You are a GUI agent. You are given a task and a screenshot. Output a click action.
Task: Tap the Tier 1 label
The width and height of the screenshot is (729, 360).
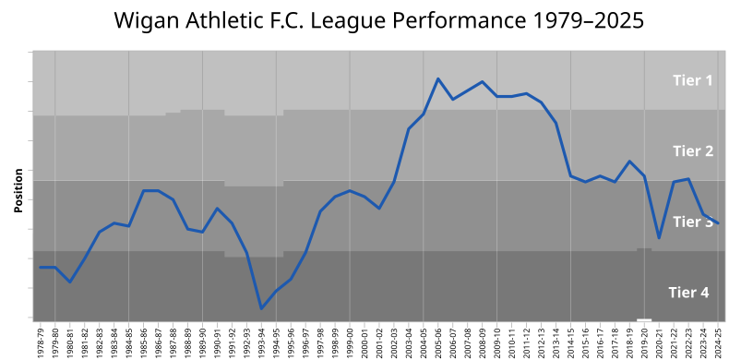(x=691, y=80)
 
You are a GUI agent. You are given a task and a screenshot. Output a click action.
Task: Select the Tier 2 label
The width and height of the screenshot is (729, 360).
(x=692, y=150)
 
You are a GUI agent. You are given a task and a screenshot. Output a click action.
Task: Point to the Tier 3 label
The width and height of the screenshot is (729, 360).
(x=692, y=222)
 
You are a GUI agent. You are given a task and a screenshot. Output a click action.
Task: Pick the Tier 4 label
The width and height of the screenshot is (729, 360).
(x=688, y=293)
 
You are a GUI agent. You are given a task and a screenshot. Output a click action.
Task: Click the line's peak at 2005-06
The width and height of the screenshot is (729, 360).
(x=438, y=79)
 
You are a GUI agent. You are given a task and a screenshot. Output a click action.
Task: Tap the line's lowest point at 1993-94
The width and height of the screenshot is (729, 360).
(x=261, y=308)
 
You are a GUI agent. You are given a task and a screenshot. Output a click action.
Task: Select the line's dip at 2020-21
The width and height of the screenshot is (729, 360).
(x=659, y=238)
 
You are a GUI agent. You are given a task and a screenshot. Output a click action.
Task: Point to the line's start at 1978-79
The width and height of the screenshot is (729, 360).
(x=41, y=267)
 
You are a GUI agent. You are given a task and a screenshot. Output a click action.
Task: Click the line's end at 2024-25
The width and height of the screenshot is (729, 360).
(x=718, y=223)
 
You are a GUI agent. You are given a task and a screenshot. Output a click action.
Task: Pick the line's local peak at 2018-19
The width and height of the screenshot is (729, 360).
(x=629, y=162)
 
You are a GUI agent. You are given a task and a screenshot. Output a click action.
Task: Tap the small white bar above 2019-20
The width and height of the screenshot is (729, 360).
(x=644, y=319)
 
